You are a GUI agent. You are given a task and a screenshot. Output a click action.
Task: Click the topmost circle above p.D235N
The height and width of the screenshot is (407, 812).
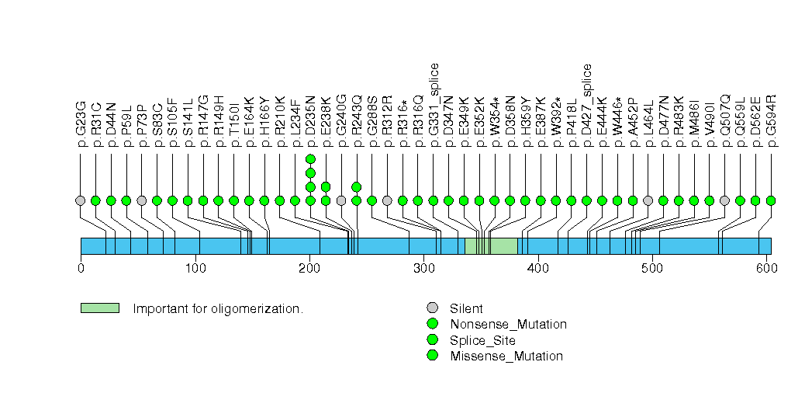coord(310,159)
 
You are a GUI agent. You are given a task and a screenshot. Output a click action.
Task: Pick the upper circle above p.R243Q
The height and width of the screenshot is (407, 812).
coord(357,186)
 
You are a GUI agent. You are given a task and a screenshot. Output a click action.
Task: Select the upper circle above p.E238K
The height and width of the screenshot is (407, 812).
coord(326,186)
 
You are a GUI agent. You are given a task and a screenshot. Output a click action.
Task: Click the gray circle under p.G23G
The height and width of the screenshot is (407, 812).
coord(81,200)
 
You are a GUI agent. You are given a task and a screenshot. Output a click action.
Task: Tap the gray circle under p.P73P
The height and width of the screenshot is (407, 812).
coord(142,200)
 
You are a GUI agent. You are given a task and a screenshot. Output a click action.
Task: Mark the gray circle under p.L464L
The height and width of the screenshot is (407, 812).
coord(648,200)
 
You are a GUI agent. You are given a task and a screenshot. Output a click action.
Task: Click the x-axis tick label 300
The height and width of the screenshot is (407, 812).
coord(423,269)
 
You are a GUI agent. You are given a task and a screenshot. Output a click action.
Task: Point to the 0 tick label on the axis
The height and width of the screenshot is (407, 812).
coord(81,269)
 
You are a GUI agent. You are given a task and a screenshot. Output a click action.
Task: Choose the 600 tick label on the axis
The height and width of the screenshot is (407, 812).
coord(765,269)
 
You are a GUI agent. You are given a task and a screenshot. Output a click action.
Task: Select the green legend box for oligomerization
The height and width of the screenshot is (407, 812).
coord(99,308)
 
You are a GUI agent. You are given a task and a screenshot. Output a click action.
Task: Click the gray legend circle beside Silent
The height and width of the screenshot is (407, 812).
coord(432,308)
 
